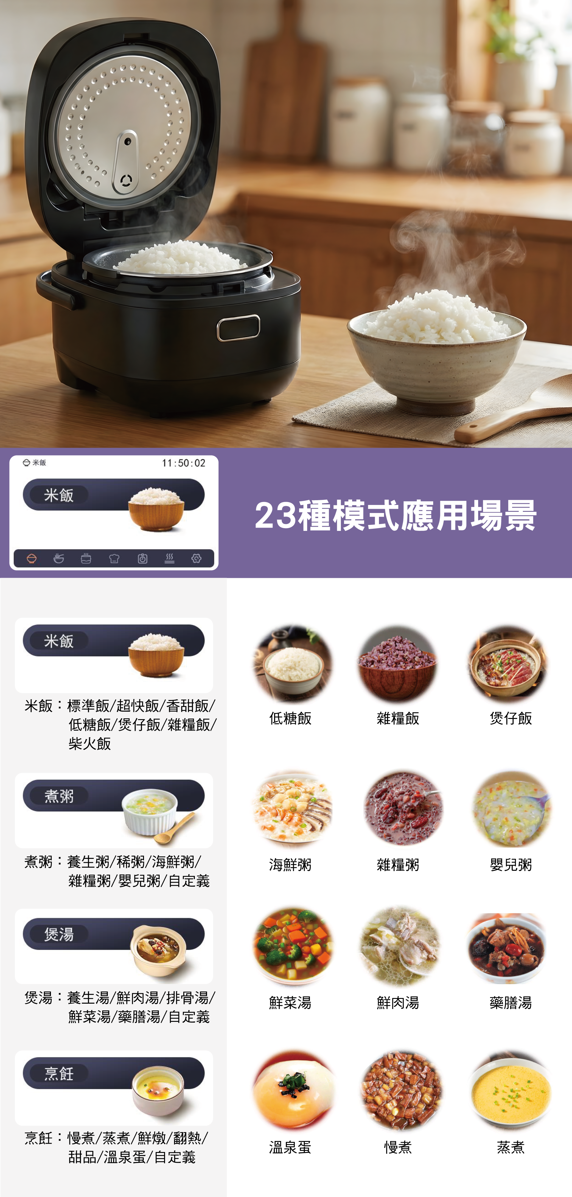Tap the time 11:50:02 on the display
point(184,463)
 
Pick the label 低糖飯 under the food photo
point(290,718)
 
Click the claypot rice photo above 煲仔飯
point(508,663)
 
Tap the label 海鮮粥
point(290,865)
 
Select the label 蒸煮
point(511,1147)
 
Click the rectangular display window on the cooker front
point(238,328)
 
